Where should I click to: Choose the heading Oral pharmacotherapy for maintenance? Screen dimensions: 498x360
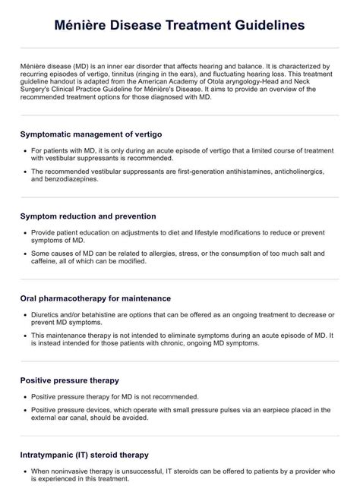pos(96,298)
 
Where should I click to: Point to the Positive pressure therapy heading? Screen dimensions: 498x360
pos(70,380)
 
